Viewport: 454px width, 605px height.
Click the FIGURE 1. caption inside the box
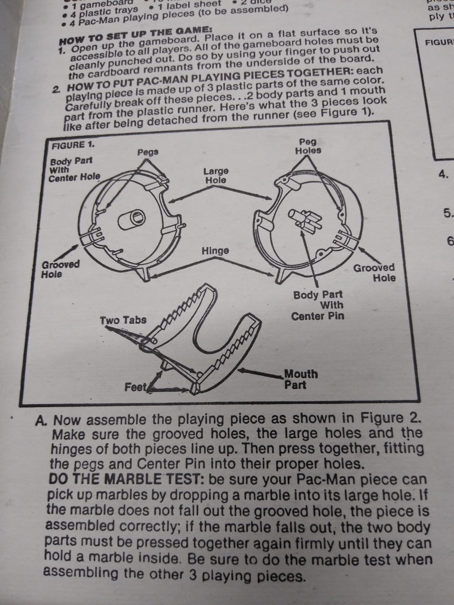coord(73,144)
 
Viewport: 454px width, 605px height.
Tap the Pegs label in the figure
coord(147,152)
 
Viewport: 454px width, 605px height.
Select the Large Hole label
coord(216,175)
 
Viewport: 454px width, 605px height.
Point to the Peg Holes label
coord(308,147)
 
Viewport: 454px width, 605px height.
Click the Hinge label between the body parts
coord(215,251)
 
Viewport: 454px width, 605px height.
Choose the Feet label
coord(135,388)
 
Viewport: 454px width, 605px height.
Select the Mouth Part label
coord(300,379)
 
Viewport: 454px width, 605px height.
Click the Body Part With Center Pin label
coord(317,305)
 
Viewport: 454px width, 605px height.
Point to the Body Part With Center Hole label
coord(73,169)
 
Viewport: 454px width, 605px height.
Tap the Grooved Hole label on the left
coord(60,269)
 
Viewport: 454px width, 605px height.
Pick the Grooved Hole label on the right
coord(374,272)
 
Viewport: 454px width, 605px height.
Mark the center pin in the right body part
coord(305,220)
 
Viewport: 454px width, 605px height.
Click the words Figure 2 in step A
coord(390,419)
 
